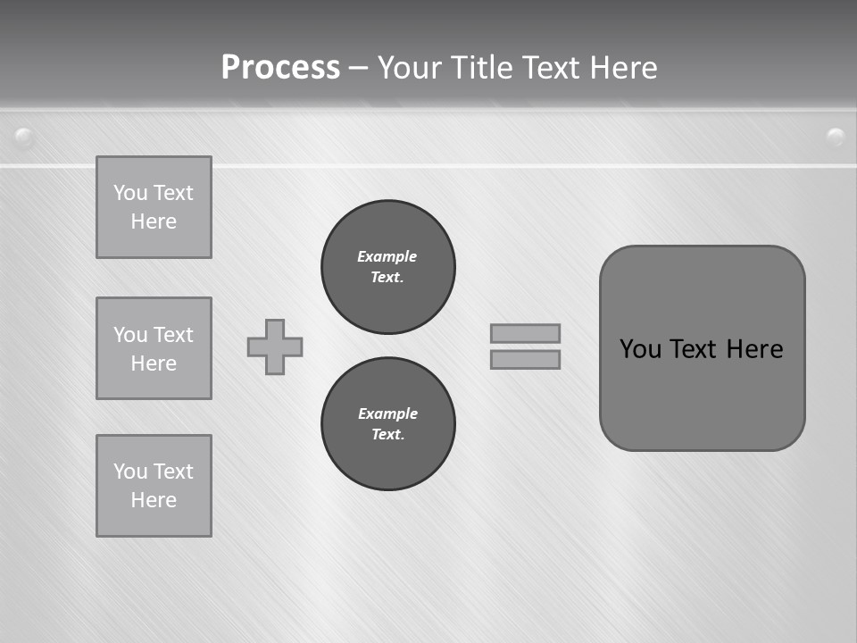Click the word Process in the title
tap(280, 68)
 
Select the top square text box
tap(154, 207)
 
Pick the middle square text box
tap(154, 348)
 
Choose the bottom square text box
tap(154, 486)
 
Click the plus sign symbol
tap(275, 347)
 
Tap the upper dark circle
tap(388, 267)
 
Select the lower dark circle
tap(388, 424)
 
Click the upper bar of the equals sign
tap(525, 333)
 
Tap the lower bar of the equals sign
tap(525, 359)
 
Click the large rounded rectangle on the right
tap(702, 348)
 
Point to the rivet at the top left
tap(24, 138)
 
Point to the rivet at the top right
tap(836, 137)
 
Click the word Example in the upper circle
tap(387, 256)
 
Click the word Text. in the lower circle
tap(387, 435)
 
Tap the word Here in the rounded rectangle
tap(754, 349)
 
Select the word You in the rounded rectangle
tap(640, 349)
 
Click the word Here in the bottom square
tap(154, 500)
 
